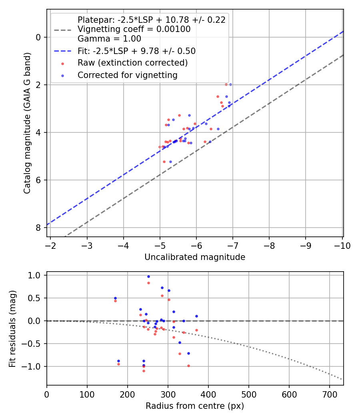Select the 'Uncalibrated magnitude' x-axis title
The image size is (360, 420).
point(195,257)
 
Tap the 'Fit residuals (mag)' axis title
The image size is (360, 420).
point(12,329)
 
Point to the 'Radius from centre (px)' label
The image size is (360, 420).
point(195,406)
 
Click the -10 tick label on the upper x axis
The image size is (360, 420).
point(342,246)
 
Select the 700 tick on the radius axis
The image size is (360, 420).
point(329,394)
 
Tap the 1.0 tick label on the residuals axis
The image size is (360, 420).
point(34,275)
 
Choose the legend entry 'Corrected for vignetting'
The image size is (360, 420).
point(128,75)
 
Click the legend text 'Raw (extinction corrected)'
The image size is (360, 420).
point(132,63)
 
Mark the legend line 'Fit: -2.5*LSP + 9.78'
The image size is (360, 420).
point(63,51)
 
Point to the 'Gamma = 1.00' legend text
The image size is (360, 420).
point(109,39)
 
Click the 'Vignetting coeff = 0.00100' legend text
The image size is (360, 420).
point(134,29)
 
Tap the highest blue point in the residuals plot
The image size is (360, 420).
point(149,276)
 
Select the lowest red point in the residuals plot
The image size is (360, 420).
point(144,371)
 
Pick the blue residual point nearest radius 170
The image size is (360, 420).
point(116,298)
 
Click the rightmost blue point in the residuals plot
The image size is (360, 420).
point(197,316)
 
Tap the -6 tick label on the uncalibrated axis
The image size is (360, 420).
point(196,246)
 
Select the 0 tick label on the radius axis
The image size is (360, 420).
point(47,394)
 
